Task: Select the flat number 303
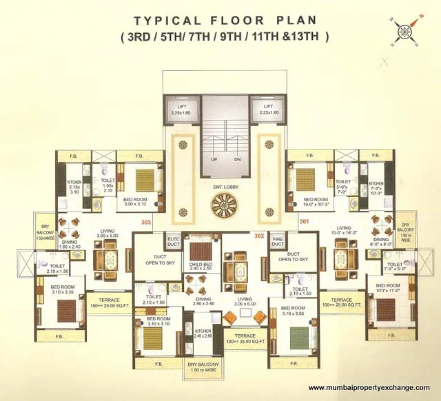click(x=145, y=223)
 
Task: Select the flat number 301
click(x=304, y=222)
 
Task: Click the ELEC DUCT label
click(x=173, y=241)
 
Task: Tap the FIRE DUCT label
click(x=278, y=241)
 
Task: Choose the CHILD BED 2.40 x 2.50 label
click(x=201, y=266)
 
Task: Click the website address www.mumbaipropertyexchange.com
click(x=369, y=387)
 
